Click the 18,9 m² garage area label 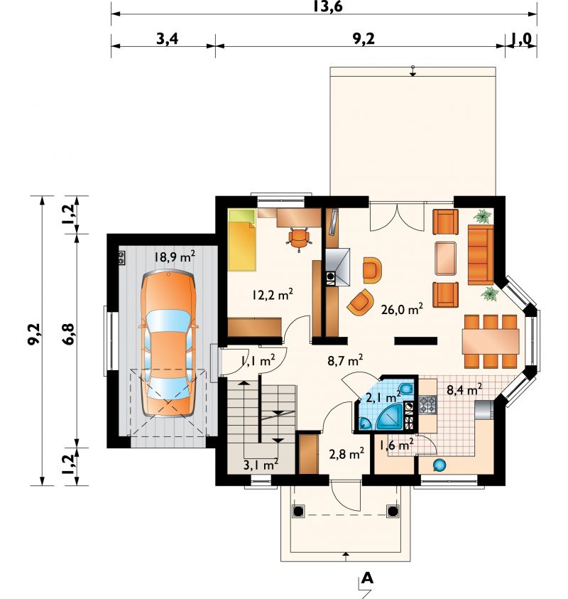(x=175, y=257)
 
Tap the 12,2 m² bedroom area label (x=272, y=295)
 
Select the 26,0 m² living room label (x=402, y=308)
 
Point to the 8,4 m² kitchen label (x=464, y=389)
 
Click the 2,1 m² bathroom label (x=383, y=397)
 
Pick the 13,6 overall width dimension (x=328, y=6)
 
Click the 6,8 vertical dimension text (x=70, y=334)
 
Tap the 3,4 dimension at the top (x=167, y=39)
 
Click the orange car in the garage (x=168, y=343)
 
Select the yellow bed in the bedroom (x=242, y=240)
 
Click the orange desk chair (x=299, y=239)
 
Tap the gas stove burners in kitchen (x=427, y=405)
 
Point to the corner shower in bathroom (x=389, y=417)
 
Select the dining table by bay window (x=491, y=341)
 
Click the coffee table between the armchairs (x=446, y=258)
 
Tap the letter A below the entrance (x=367, y=578)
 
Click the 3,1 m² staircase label (x=261, y=465)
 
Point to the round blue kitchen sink (x=439, y=465)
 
